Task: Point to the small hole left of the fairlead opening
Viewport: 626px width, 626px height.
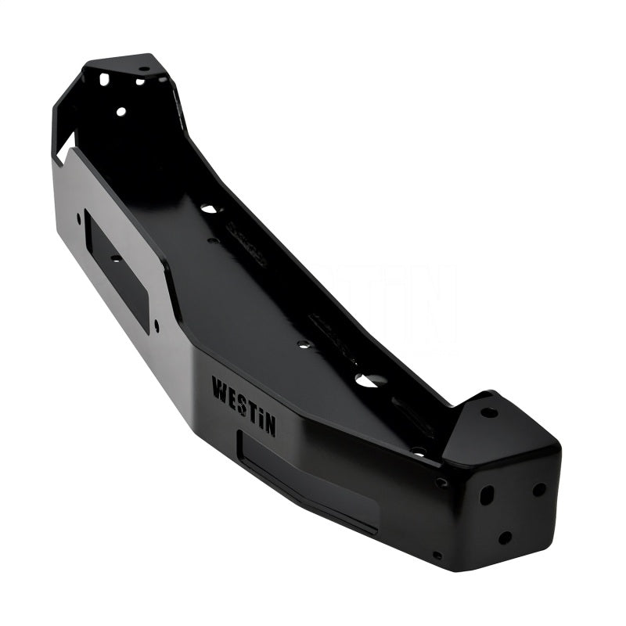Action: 78,221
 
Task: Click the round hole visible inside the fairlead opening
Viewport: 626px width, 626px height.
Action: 115,258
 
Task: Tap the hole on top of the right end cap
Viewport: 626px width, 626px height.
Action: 489,412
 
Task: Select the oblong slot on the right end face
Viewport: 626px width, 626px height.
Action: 486,495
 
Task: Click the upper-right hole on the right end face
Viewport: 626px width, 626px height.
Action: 539,489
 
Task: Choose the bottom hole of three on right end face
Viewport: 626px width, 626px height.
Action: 505,538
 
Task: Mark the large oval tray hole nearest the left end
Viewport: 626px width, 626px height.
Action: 209,210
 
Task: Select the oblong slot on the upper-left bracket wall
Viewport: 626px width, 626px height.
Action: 104,79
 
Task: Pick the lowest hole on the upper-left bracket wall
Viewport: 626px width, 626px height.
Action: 121,112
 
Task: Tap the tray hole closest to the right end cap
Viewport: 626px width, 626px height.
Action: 419,452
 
